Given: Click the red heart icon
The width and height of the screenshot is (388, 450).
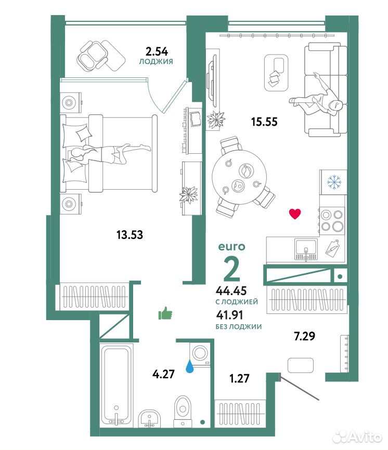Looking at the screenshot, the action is [295, 214].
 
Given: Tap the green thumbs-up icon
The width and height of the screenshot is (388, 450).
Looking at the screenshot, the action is [165, 313].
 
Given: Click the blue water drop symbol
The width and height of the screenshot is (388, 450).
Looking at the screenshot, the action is [189, 366].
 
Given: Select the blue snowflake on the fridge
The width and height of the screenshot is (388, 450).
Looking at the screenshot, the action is [334, 182].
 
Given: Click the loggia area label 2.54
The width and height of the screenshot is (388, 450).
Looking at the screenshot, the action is [157, 51].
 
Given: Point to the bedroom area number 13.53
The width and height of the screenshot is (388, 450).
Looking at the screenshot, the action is [130, 235].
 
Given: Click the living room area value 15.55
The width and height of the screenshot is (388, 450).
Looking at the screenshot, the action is [264, 122].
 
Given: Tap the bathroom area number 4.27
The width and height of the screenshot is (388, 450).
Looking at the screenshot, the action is [163, 374].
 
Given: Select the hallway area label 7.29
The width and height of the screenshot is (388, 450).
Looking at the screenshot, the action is [304, 336].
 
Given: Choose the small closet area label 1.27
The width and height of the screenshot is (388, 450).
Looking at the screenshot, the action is [240, 378].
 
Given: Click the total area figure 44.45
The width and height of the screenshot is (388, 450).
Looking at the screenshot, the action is [231, 290].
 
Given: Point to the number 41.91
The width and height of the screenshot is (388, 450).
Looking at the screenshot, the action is [229, 315].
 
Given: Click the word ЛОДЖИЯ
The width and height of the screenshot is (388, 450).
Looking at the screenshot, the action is [156, 61].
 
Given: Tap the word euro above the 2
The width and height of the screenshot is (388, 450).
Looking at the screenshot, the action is [232, 246].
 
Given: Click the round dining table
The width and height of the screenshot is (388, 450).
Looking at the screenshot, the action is [239, 177].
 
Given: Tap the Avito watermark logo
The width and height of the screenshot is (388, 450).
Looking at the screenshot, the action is [357, 437].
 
